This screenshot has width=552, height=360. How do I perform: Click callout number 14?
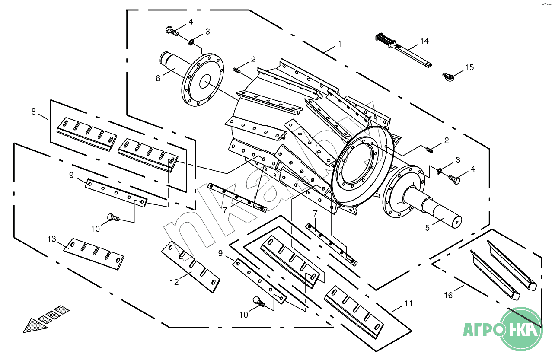(x=424, y=41)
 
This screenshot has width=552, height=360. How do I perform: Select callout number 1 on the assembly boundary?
(x=340, y=44)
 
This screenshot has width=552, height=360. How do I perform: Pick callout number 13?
(x=52, y=239)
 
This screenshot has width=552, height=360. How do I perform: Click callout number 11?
(x=408, y=303)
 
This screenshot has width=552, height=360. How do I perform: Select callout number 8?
(x=34, y=112)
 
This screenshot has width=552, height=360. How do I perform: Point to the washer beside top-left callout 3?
(x=191, y=41)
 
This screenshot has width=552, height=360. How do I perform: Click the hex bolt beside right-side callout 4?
(x=454, y=177)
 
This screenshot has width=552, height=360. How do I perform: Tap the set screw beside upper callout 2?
(x=237, y=70)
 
